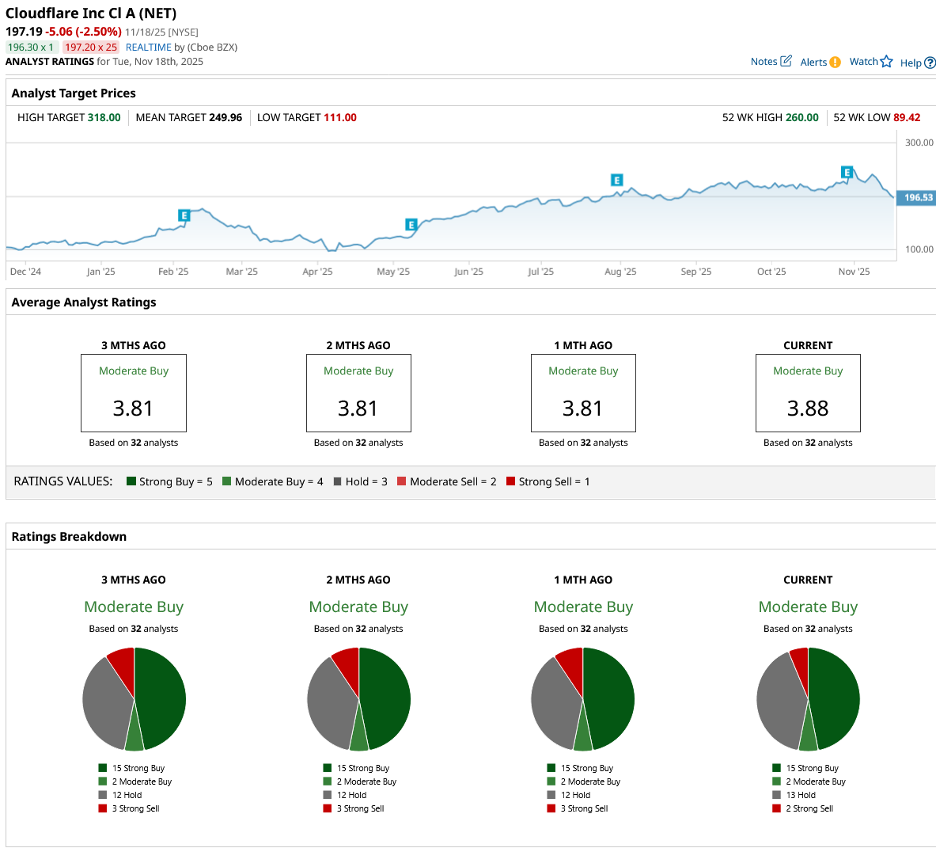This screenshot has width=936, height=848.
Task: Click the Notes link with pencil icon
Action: (x=771, y=62)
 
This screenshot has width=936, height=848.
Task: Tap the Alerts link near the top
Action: (x=820, y=63)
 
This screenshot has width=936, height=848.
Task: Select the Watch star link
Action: (x=870, y=62)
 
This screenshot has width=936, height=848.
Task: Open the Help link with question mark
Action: (x=917, y=63)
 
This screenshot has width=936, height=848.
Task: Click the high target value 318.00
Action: (x=104, y=118)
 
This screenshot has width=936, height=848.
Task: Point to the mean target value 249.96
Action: (x=225, y=118)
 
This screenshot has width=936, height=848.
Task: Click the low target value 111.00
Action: (x=340, y=118)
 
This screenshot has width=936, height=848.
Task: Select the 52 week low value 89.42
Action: (x=907, y=118)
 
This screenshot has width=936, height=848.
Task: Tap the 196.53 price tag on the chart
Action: (x=918, y=198)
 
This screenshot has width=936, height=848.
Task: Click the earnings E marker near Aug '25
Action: (x=616, y=181)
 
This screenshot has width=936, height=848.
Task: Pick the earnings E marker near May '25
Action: (x=411, y=225)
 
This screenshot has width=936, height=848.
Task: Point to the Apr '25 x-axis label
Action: (x=317, y=272)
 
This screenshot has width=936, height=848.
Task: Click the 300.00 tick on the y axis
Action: (x=919, y=143)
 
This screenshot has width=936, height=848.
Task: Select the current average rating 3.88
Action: (x=808, y=409)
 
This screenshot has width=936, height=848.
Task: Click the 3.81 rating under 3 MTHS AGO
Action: (x=133, y=409)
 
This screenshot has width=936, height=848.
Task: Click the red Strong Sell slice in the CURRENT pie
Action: (x=800, y=661)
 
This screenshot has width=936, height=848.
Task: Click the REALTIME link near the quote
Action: (x=149, y=48)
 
